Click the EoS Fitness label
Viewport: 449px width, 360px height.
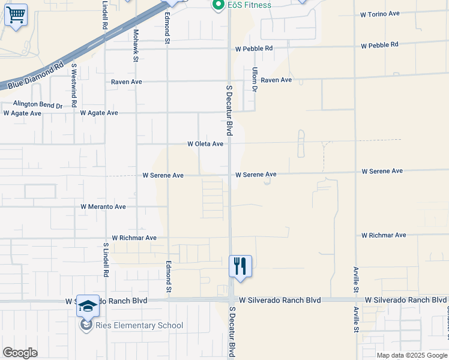pyautogui.click(x=249, y=5)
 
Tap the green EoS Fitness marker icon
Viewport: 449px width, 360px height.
pyautogui.click(x=218, y=5)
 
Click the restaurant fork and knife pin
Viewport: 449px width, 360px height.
pyautogui.click(x=240, y=265)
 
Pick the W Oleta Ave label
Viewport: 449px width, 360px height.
pyautogui.click(x=205, y=144)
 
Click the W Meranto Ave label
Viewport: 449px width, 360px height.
pyautogui.click(x=103, y=206)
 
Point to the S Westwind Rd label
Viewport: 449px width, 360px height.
pyautogui.click(x=74, y=85)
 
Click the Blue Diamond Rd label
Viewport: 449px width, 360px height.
pyautogui.click(x=36, y=76)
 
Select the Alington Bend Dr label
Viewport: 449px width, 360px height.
pyautogui.click(x=38, y=104)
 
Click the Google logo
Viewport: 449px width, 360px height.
pyautogui.click(x=20, y=353)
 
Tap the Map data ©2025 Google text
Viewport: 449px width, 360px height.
pyautogui.click(x=411, y=355)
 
